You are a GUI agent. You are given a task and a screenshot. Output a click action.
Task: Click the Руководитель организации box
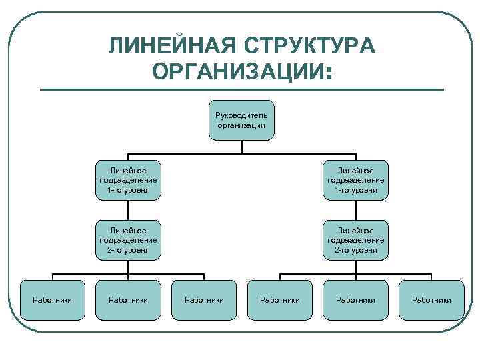click(x=241, y=121)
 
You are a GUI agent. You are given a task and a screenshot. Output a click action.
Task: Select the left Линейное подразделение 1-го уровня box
click(x=128, y=180)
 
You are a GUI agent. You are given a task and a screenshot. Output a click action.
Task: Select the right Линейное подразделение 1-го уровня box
click(x=355, y=180)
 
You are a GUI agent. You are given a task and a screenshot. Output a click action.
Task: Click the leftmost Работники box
click(x=53, y=300)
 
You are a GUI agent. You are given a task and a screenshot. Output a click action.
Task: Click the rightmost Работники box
click(x=431, y=300)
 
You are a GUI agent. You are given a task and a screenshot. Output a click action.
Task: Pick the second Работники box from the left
click(x=128, y=300)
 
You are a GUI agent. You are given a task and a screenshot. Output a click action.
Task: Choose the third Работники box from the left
click(x=204, y=300)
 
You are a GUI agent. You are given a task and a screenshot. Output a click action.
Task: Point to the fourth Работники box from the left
click(x=279, y=300)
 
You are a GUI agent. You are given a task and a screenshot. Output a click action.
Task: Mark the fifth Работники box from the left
click(x=355, y=300)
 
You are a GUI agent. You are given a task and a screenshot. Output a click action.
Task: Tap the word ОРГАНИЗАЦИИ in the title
click(x=237, y=71)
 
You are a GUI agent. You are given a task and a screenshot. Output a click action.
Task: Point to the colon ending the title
click(x=327, y=72)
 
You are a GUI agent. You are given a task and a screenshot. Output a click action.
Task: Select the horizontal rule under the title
click(x=241, y=89)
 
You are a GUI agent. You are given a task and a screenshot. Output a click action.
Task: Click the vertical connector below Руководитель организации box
click(x=241, y=147)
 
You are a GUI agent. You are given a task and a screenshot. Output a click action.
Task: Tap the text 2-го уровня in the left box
click(x=128, y=250)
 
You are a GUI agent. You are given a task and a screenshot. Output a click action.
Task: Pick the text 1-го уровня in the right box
click(x=355, y=190)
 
